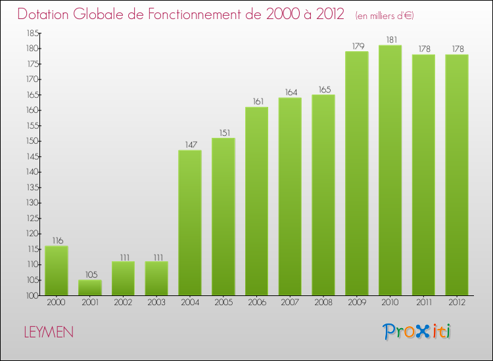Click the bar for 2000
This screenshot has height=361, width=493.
57,270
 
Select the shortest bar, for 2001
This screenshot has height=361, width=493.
90,287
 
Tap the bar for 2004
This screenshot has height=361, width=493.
190,223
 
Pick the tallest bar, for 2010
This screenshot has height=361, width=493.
390,170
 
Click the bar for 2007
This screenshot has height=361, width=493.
290,196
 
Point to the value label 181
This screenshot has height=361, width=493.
390,39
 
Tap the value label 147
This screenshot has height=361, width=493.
190,144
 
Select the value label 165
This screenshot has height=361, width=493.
323,89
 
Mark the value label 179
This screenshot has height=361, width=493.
356,45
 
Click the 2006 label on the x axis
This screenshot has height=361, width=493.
256,303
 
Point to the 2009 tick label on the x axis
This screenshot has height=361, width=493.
356,303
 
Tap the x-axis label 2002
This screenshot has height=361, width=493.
123,303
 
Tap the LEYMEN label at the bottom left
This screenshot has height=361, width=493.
49,333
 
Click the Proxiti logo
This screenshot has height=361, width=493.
417,331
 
